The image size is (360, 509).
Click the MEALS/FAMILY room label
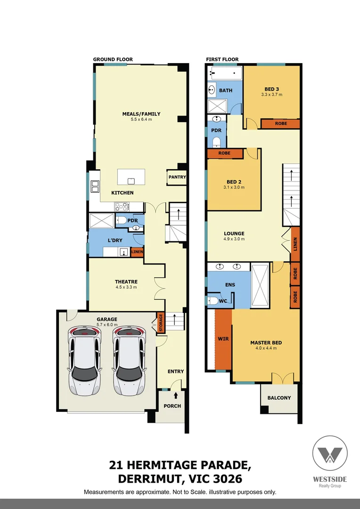141,114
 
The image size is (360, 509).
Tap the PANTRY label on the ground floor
177,177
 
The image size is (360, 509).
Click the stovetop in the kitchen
123,206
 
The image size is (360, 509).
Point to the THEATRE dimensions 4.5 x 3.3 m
126,287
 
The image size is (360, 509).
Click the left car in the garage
85,361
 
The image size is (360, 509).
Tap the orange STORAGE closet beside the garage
160,323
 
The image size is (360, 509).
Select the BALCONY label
279,398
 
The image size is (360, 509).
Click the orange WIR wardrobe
223,338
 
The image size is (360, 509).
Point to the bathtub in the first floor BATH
225,73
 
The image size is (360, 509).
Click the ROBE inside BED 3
280,123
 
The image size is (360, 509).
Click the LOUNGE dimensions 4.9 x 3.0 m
234,239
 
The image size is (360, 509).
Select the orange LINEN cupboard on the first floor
295,244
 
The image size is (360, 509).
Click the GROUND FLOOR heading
113,59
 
